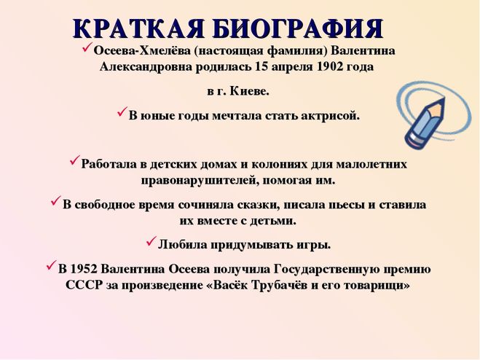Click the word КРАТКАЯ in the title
138,28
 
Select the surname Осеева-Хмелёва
142,50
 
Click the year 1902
328,66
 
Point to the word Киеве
249,91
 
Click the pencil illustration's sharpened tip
443,99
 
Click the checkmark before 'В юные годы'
122,111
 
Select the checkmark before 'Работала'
75,160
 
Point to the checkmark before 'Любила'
152,241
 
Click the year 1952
84,270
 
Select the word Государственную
324,270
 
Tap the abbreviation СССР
84,286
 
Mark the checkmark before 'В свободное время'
56,201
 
